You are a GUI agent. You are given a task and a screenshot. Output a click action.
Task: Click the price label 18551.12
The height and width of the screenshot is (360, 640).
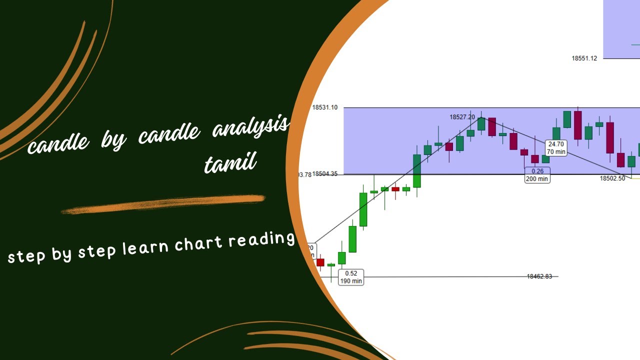(584, 58)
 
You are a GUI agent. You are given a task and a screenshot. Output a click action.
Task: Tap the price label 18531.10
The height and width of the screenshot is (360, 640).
(324, 107)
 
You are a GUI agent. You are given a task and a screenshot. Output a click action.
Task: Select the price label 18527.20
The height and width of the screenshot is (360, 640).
(462, 117)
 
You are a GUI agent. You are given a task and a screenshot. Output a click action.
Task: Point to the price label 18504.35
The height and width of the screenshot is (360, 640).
(325, 174)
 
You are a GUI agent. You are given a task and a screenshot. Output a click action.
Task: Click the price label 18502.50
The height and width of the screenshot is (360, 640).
(612, 178)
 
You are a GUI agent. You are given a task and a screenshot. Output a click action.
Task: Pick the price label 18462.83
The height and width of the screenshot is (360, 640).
(539, 276)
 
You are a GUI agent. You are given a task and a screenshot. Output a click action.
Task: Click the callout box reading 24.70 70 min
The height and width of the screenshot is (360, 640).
(556, 148)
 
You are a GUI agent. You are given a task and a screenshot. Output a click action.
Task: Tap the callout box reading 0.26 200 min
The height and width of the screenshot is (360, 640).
(537, 175)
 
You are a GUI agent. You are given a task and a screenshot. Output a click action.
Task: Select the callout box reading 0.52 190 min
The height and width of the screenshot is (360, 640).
(351, 277)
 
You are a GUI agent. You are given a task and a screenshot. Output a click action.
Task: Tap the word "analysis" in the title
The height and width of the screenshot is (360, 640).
(250, 127)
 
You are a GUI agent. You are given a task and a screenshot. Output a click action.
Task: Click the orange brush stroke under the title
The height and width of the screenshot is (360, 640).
(162, 204)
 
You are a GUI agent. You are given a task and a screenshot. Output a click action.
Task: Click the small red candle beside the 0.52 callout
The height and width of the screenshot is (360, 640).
(320, 262)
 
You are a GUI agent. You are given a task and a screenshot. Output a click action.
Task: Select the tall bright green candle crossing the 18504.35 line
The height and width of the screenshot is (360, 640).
(416, 170)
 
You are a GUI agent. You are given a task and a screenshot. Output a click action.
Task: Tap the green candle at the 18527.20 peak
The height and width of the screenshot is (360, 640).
(481, 123)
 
